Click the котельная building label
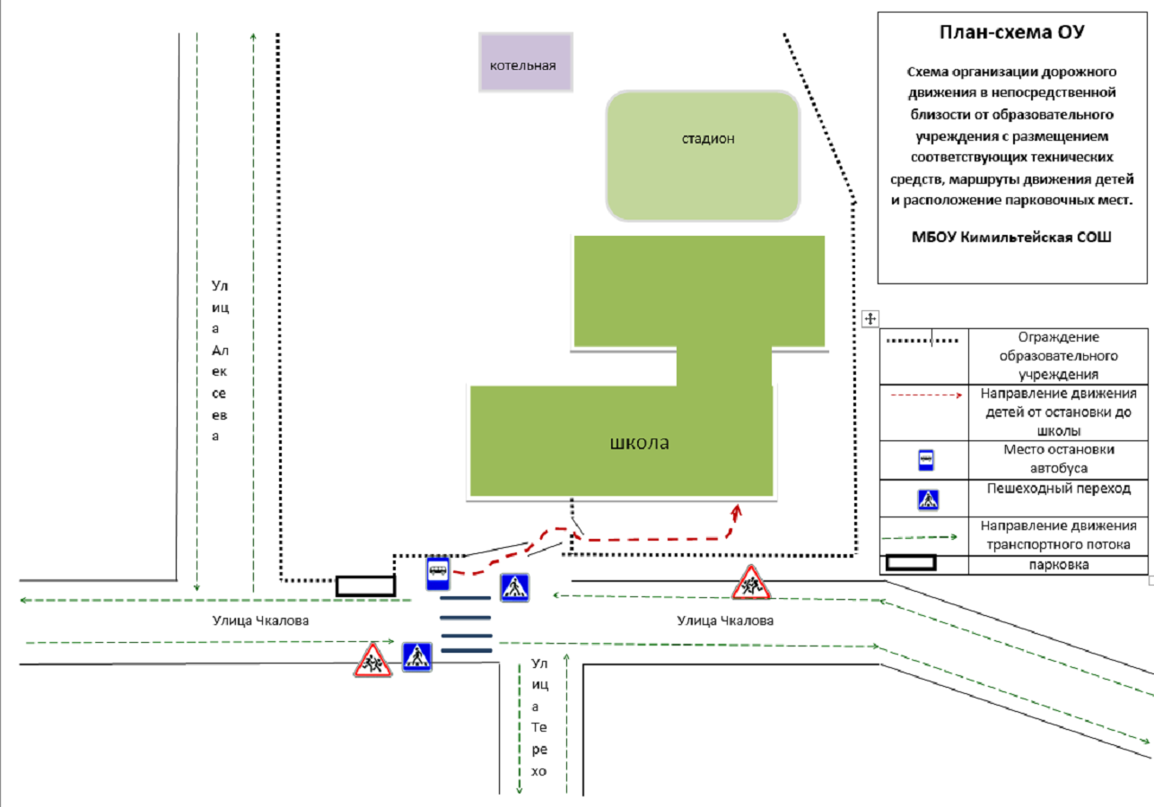pyautogui.click(x=522, y=65)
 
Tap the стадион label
pyautogui.click(x=708, y=139)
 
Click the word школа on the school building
pyautogui.click(x=639, y=443)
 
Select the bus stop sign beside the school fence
pyautogui.click(x=438, y=573)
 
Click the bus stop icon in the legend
pyautogui.click(x=926, y=460)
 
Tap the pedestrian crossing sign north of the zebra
pyautogui.click(x=515, y=587)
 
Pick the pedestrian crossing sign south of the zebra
pyautogui.click(x=416, y=656)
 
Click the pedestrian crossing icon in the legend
pyautogui.click(x=928, y=499)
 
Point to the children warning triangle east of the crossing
pyautogui.click(x=751, y=584)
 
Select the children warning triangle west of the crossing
pyautogui.click(x=372, y=661)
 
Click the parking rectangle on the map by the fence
pyautogui.click(x=366, y=586)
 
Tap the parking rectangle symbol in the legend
pyautogui.click(x=910, y=562)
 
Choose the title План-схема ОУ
pyautogui.click(x=1012, y=32)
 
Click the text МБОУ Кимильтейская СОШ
pyautogui.click(x=1011, y=237)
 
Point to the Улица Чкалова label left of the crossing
pyautogui.click(x=260, y=620)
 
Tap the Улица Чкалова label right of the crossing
pyautogui.click(x=725, y=620)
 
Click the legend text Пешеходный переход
pyautogui.click(x=1059, y=489)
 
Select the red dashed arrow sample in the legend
pyautogui.click(x=926, y=395)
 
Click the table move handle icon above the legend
pyautogui.click(x=870, y=318)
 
